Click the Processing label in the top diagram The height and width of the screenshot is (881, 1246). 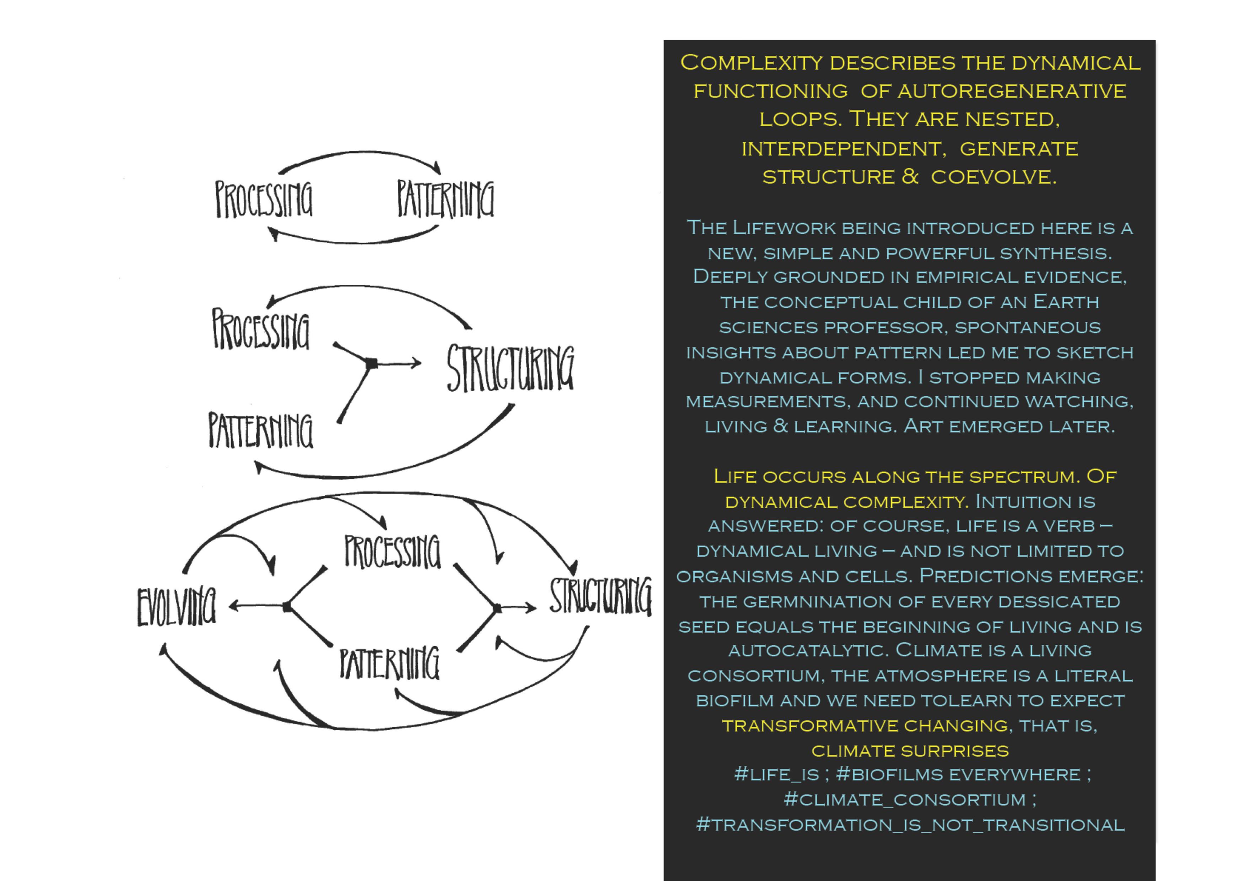click(x=264, y=199)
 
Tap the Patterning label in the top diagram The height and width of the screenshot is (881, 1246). click(x=445, y=199)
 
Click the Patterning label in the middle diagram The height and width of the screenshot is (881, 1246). click(x=260, y=430)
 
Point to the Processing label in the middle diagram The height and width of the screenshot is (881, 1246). click(x=260, y=329)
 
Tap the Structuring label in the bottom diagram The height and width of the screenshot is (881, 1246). click(x=600, y=596)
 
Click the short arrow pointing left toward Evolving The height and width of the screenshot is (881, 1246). click(x=255, y=606)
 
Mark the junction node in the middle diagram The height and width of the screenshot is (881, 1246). click(x=372, y=364)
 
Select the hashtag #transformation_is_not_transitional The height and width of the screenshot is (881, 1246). click(x=910, y=824)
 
